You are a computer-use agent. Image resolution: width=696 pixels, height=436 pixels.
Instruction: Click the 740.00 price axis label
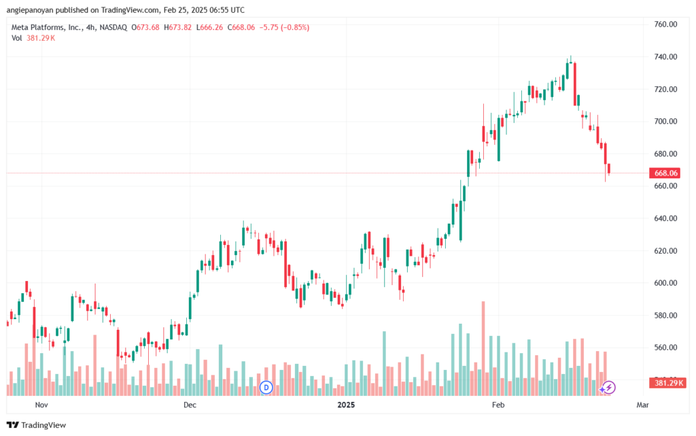[x=665, y=57]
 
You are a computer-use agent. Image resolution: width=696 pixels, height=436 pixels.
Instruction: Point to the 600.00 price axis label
[x=665, y=283]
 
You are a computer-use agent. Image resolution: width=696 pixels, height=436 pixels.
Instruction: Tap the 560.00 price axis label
[x=665, y=347]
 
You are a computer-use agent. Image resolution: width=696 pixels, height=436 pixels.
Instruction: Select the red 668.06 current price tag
[x=665, y=173]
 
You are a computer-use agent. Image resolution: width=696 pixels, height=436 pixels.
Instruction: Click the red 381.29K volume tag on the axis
[x=667, y=383]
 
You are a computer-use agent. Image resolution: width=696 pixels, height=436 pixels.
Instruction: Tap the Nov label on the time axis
[x=41, y=405]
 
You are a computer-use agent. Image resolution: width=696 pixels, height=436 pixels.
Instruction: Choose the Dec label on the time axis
[x=190, y=405]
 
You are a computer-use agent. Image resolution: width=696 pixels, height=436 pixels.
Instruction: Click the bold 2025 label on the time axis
[x=346, y=405]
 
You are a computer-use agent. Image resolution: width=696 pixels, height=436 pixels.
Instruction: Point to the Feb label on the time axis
[x=498, y=405]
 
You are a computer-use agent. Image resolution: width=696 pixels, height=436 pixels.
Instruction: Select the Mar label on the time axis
[x=642, y=405]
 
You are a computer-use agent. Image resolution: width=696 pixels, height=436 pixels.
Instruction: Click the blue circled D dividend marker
[x=266, y=388]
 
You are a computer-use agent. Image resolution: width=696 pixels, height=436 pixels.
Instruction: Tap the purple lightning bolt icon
[x=609, y=388]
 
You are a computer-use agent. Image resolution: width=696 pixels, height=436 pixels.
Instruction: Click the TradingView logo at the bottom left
[x=37, y=425]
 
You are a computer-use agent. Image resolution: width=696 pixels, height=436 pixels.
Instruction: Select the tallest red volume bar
[x=483, y=348]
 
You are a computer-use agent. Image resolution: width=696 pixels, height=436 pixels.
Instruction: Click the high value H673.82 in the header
[x=177, y=27]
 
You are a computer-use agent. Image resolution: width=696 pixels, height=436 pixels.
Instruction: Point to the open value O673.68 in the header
[x=145, y=27]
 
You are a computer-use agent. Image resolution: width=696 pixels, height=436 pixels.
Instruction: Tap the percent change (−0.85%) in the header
[x=295, y=27]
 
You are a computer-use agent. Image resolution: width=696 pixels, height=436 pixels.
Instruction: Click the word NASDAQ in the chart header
[x=114, y=27]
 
